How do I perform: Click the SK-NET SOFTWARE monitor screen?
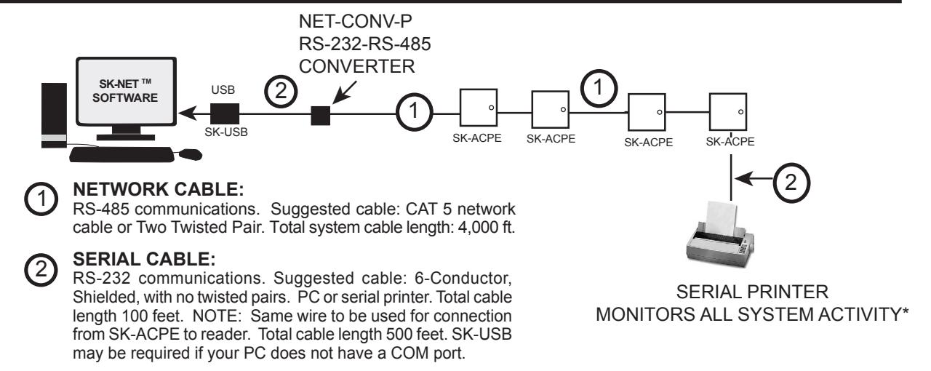[126, 91]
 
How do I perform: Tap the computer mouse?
[191, 155]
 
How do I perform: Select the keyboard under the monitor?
[121, 154]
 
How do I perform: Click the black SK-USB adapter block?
[225, 113]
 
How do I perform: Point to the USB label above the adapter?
[223, 89]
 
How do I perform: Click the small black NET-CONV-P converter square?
[321, 116]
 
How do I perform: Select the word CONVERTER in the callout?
[356, 66]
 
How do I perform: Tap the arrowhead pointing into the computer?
[188, 113]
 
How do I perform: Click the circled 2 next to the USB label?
[281, 91]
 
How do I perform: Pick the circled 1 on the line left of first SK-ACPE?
[414, 111]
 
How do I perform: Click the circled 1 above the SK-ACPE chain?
[599, 88]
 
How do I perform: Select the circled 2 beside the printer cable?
[791, 183]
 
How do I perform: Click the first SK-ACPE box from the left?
[479, 108]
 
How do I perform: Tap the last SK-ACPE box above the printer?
[728, 112]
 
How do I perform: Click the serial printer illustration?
[720, 235]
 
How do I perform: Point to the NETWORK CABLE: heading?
[159, 190]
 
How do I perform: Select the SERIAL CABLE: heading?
[144, 260]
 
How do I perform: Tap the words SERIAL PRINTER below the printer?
[752, 292]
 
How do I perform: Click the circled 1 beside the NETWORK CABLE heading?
[41, 199]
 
